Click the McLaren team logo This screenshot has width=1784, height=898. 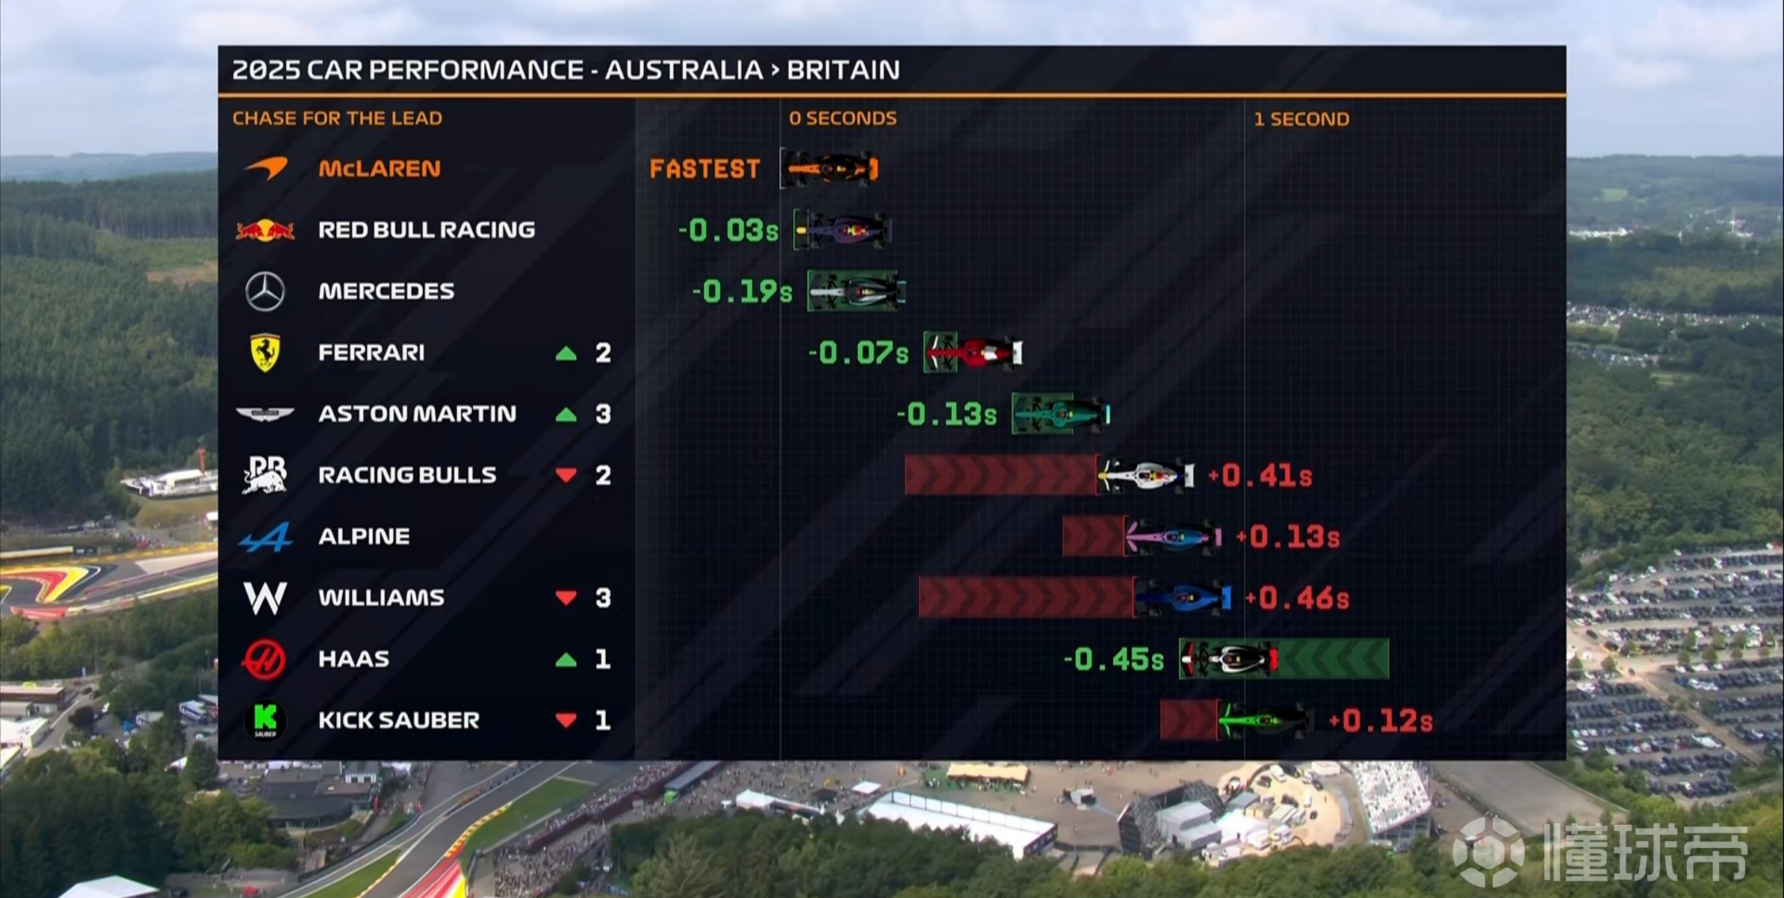[x=266, y=167]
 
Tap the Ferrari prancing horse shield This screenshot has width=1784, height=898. [x=265, y=352]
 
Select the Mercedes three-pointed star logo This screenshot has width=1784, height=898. [x=265, y=291]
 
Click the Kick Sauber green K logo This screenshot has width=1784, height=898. [x=265, y=719]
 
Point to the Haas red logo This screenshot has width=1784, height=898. [x=264, y=658]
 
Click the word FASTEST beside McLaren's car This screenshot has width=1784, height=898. [x=704, y=169]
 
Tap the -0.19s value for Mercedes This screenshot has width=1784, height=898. [x=742, y=291]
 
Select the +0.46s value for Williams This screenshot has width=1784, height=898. [x=1297, y=598]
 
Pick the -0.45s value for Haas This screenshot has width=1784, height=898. [x=1113, y=659]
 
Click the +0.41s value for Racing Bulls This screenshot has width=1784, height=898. [x=1260, y=475]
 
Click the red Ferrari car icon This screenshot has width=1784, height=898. [x=973, y=352]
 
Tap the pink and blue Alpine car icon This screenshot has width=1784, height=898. [x=1172, y=536]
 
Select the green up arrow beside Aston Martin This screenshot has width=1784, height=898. [x=566, y=414]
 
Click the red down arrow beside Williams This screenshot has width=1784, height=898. [x=566, y=598]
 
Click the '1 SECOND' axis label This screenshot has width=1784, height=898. [x=1301, y=119]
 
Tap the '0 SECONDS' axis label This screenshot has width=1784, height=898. [x=843, y=118]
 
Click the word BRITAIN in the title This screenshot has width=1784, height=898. [x=843, y=69]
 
